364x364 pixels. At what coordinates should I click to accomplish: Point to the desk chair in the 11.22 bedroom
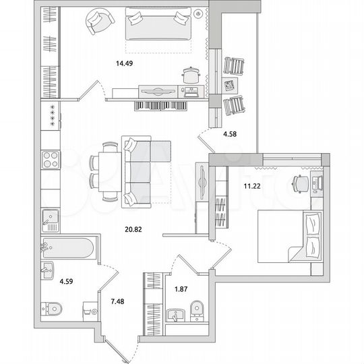(299, 183)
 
